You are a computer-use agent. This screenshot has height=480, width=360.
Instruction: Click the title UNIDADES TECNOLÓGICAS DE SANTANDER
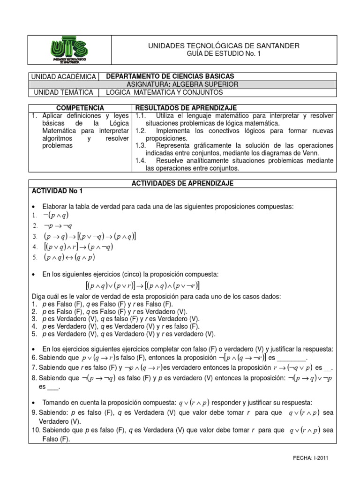click(x=223, y=45)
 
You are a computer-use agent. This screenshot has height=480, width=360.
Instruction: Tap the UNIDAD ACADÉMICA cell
click(x=64, y=76)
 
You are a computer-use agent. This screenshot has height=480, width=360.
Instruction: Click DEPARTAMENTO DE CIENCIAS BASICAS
click(x=171, y=76)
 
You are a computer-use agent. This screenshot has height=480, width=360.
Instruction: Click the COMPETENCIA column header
click(x=81, y=108)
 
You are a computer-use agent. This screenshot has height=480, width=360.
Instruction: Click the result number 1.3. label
click(x=141, y=146)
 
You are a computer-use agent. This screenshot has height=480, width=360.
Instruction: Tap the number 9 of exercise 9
click(x=34, y=412)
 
